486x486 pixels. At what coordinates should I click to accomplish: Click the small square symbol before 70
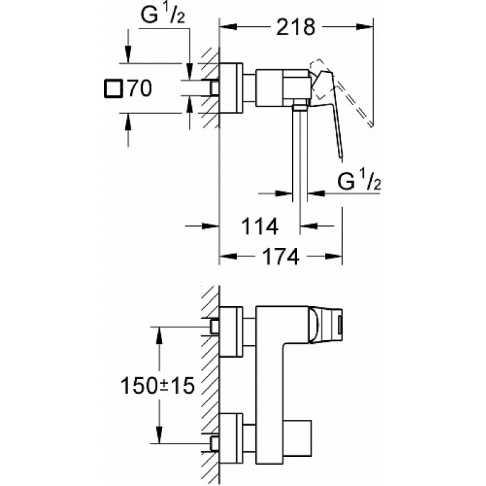point(112,89)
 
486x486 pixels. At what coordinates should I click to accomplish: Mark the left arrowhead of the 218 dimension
point(225,26)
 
